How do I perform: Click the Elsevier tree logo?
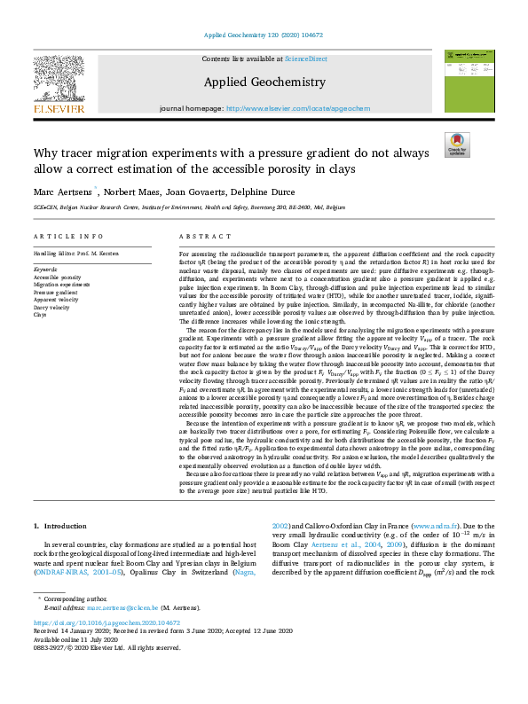pyautogui.click(x=59, y=85)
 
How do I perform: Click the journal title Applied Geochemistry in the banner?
pyautogui.click(x=265, y=82)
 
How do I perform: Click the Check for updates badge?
pyautogui.click(x=457, y=145)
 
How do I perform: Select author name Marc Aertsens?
pyautogui.click(x=65, y=191)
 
